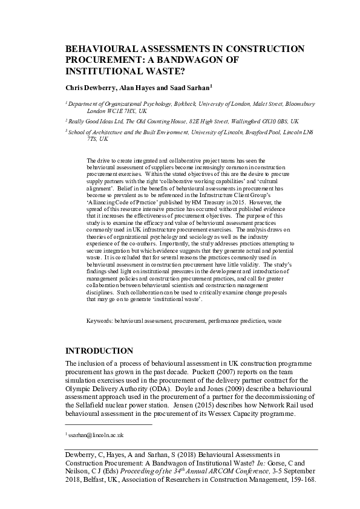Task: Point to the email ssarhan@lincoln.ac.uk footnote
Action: (x=96, y=435)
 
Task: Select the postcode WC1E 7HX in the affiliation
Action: (x=122, y=111)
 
